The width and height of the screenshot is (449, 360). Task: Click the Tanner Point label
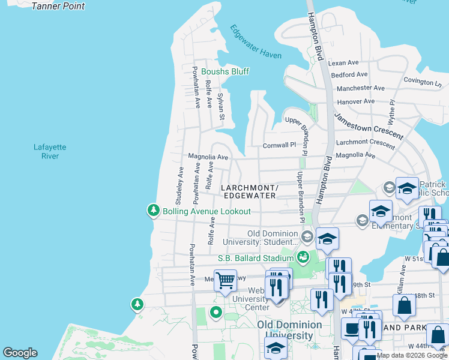tap(58, 7)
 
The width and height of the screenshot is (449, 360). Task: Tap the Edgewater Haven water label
tap(256, 42)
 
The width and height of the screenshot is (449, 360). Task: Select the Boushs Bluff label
tap(224, 71)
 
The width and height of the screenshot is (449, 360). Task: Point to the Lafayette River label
tap(50, 151)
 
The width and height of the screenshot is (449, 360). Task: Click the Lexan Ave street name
tap(343, 62)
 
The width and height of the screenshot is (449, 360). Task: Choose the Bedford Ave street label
tap(349, 75)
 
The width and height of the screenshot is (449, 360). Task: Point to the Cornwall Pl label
tap(279, 145)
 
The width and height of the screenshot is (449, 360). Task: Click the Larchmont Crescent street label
tap(365, 142)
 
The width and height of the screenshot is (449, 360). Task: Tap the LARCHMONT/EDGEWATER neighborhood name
tap(250, 191)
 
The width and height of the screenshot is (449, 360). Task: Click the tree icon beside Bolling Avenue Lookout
tap(154, 211)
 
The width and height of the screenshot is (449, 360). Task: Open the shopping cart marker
tap(225, 280)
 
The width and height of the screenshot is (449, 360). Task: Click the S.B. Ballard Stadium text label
tap(255, 259)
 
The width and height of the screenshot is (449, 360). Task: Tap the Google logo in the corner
tap(20, 353)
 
